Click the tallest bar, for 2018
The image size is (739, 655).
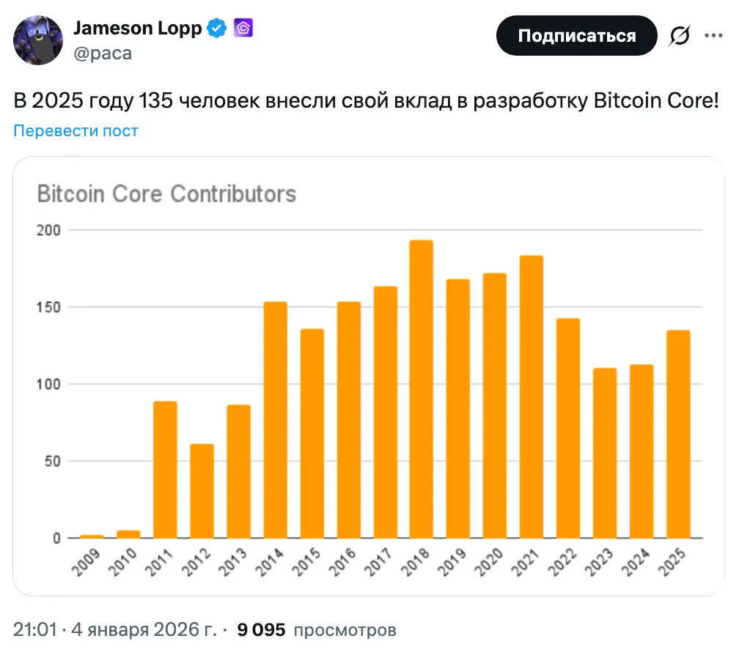422,389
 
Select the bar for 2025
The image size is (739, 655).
678,434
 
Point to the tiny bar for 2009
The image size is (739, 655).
92,536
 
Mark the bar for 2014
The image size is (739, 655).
275,420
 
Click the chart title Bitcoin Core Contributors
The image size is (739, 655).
166,194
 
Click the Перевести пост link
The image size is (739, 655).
76,131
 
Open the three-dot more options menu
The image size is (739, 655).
714,35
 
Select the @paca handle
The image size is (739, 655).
103,53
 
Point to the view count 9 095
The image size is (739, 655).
260,629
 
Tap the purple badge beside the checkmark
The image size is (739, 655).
243,29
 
